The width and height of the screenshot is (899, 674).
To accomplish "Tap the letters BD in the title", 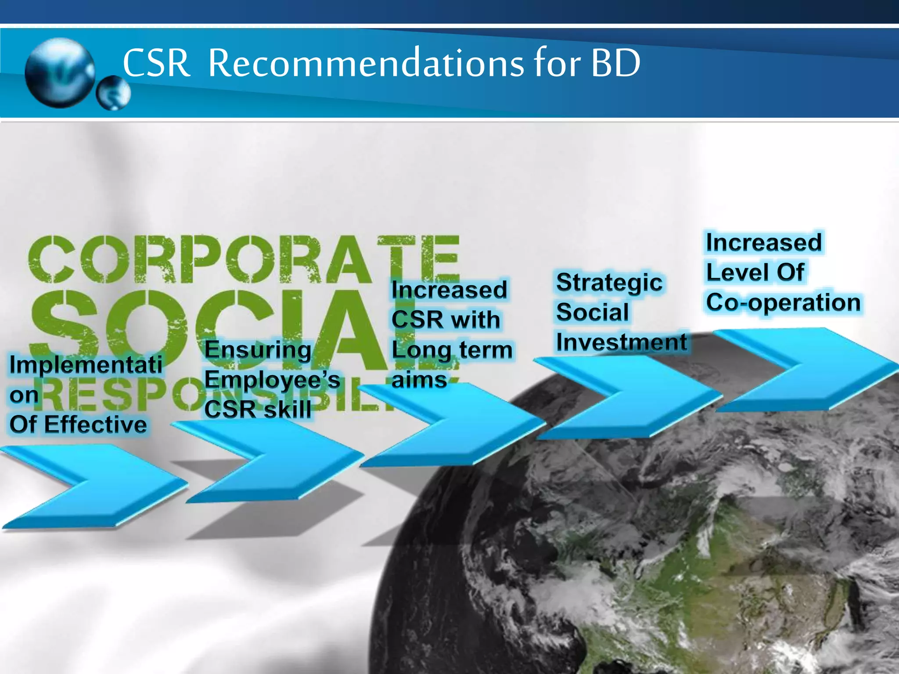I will point(615,64).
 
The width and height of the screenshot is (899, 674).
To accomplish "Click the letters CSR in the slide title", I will point(156,64).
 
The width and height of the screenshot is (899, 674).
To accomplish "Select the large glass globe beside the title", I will point(60,72).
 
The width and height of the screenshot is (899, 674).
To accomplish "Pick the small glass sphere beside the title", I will point(113,93).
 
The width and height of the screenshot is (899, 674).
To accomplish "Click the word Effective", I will point(95,425).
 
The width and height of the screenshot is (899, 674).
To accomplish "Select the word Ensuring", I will point(258,350).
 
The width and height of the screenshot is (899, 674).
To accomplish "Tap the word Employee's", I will point(272,380).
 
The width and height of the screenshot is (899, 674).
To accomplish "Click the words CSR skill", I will point(258,409).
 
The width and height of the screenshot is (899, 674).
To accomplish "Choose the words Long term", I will point(452,350).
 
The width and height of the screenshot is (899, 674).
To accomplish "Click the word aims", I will point(419,380).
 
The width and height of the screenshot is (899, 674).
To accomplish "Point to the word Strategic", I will point(609,283).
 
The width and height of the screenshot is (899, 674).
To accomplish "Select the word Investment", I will point(621,342).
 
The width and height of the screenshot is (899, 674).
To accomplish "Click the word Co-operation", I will point(783,303).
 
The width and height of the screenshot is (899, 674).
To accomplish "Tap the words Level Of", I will point(755,272).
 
